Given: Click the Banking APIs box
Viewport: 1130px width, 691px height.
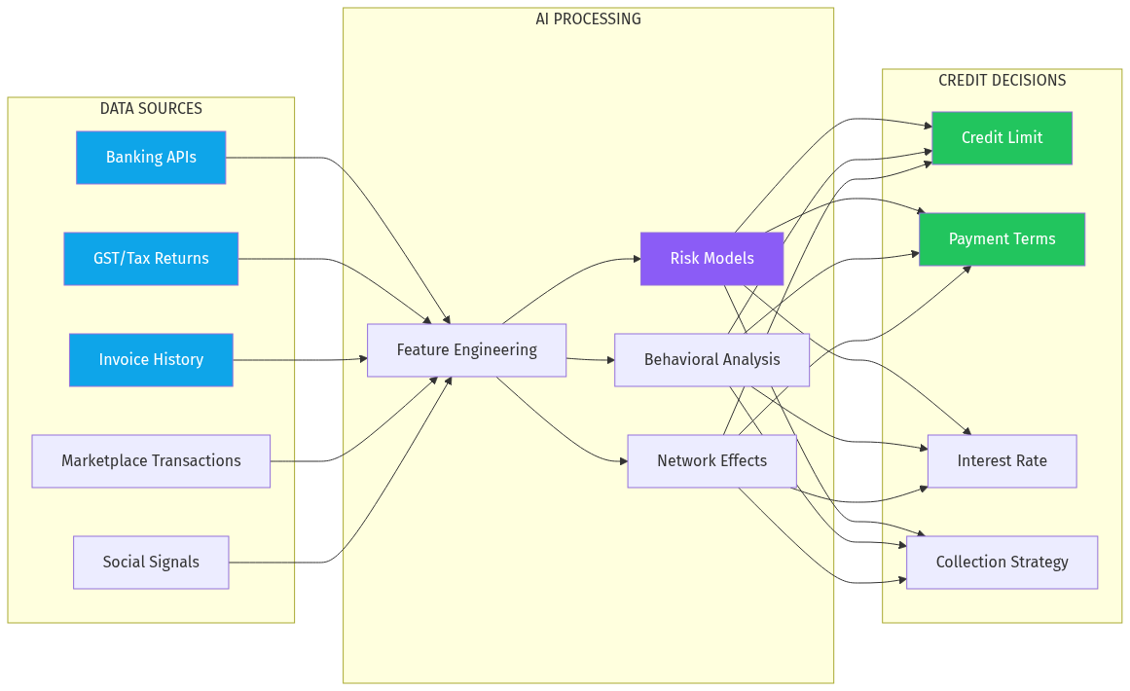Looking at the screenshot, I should pos(151,158).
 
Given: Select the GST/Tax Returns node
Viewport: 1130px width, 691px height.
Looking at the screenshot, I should pos(151,259).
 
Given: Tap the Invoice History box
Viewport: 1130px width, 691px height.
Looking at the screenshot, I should pos(151,360).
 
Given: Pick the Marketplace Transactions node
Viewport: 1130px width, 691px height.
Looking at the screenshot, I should pos(151,461).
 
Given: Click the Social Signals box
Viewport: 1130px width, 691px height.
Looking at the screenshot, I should pos(151,563).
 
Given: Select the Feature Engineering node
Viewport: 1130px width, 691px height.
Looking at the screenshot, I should pos(466,350).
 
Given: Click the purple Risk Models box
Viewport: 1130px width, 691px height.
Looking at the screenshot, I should pos(711,259).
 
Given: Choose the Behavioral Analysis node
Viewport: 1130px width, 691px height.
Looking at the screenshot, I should pos(711,360).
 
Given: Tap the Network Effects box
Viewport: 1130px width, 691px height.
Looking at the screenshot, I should pos(711,461).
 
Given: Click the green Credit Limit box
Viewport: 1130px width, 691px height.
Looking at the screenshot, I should pos(1002,138).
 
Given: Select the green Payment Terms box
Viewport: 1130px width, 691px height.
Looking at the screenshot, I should pos(1002,239).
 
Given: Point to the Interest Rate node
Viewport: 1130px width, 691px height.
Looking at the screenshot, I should pos(1002,461).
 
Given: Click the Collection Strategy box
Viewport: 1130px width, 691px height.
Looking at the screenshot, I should pos(1002,563).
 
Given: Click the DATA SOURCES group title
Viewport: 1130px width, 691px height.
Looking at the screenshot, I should pos(151,109).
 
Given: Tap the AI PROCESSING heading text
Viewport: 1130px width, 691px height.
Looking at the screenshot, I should pos(588,19).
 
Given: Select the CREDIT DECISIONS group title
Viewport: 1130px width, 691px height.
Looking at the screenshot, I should pos(1002,81).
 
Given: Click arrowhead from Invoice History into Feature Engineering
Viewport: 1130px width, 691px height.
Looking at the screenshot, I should pos(362,360).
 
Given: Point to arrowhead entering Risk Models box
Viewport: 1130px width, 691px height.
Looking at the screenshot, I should pos(635,259).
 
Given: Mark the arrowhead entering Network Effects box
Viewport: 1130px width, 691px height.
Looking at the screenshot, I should pos(622,461).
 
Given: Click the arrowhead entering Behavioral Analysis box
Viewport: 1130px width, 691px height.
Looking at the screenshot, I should pos(609,360).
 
